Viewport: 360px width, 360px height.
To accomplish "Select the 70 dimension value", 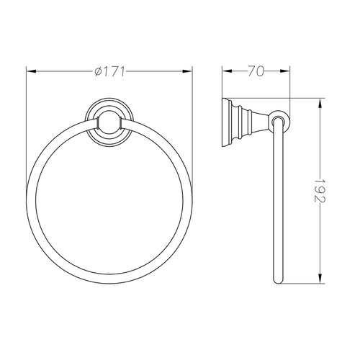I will [255, 72].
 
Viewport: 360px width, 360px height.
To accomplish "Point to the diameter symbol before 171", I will [98, 72].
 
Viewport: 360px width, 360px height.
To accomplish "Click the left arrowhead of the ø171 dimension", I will [29, 72].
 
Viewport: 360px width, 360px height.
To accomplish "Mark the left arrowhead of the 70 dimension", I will [224, 72].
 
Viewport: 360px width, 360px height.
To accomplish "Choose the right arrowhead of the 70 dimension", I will [287, 72].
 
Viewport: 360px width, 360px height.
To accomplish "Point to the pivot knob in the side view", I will [279, 119].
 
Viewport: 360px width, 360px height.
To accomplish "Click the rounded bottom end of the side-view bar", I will [279, 282].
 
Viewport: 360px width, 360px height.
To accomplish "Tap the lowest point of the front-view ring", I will [112, 283].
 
